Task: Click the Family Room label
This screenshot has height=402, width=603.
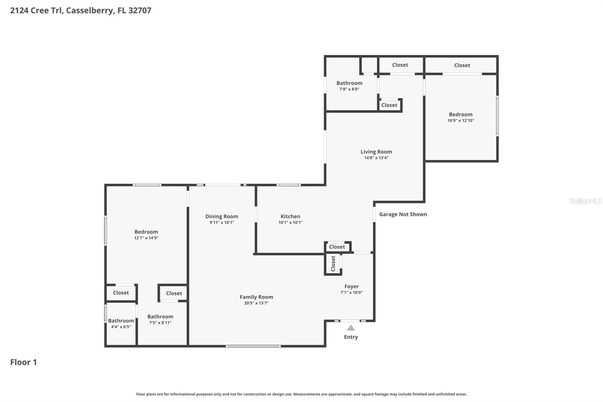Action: (x=256, y=297)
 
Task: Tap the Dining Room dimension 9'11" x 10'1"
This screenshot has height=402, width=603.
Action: (x=222, y=222)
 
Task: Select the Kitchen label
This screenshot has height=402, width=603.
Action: (x=290, y=216)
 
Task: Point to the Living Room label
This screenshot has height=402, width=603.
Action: (x=376, y=152)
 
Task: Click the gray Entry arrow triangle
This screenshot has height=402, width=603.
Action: (x=351, y=328)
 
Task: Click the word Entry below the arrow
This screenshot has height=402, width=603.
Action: (x=351, y=337)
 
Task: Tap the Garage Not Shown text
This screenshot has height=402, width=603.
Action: (x=403, y=214)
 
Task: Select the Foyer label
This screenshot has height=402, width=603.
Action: (x=351, y=286)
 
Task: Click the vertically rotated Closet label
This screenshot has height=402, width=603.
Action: (x=333, y=263)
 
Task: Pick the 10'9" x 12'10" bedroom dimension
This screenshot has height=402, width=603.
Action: (x=461, y=121)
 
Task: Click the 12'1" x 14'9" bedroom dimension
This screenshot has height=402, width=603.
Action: (x=146, y=238)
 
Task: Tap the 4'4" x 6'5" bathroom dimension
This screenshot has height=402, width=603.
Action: (x=121, y=327)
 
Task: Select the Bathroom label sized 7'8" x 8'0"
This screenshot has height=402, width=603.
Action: (x=349, y=83)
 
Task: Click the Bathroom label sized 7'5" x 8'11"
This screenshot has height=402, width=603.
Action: (x=160, y=316)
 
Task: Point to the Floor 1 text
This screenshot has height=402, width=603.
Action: (x=23, y=362)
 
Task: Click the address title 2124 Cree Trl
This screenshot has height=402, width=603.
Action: (x=80, y=10)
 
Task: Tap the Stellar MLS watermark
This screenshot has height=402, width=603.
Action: (x=585, y=201)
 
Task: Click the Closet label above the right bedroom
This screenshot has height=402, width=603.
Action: (x=462, y=65)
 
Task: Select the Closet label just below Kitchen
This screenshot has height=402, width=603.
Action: (x=337, y=247)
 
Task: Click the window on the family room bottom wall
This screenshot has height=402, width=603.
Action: (x=253, y=346)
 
